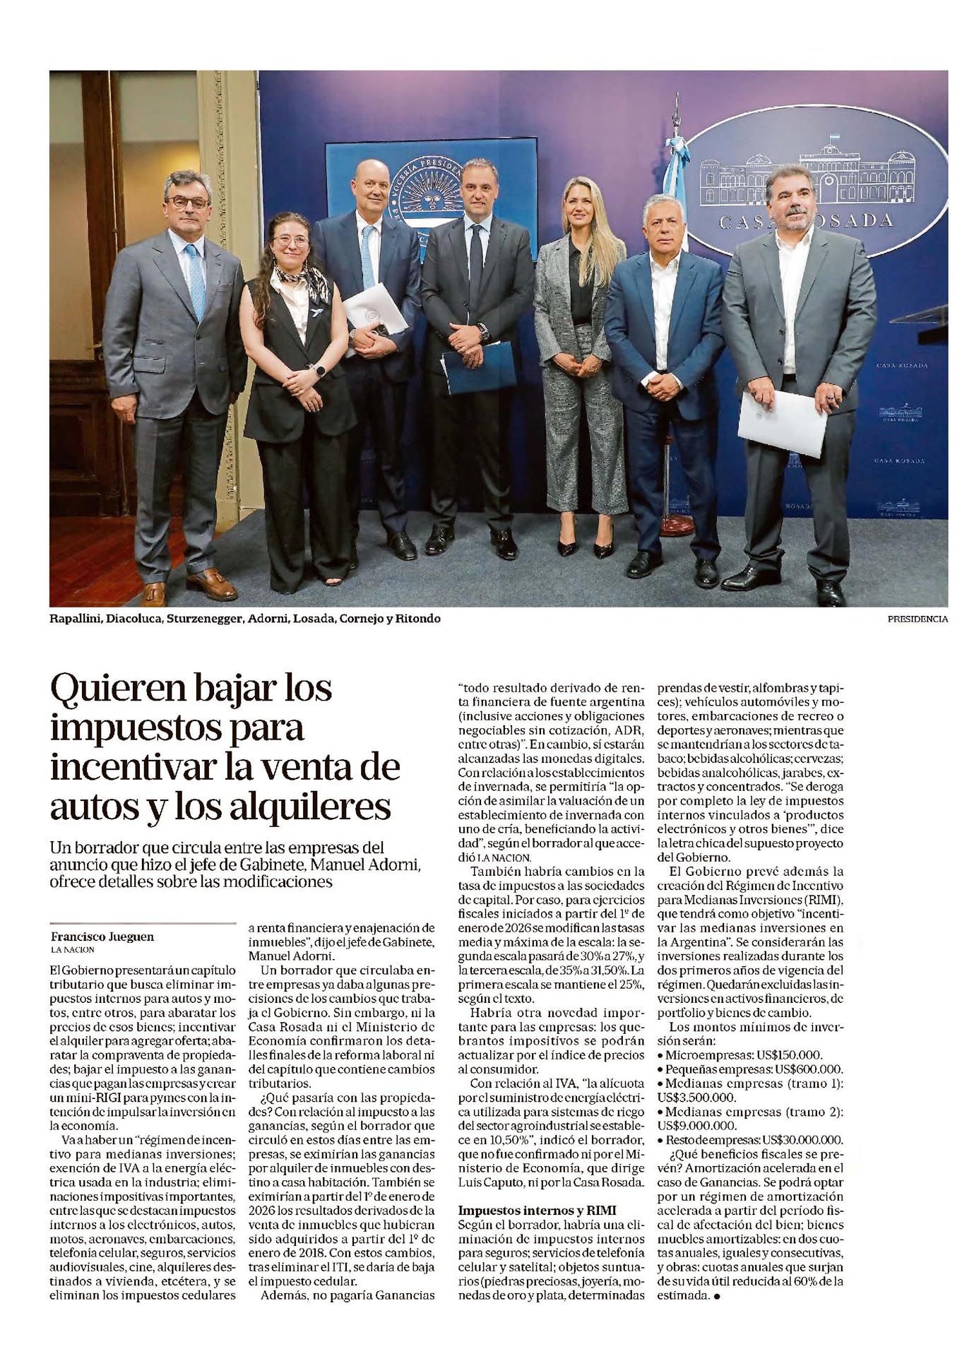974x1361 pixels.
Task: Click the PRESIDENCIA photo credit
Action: coord(917,619)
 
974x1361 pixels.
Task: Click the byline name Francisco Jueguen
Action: coord(102,937)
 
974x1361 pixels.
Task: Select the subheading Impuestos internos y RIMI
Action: coord(537,1211)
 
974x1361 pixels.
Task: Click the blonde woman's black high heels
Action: coord(585,547)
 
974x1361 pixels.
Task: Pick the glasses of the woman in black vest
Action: coord(290,241)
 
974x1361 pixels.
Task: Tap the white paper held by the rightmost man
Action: coord(783,422)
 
